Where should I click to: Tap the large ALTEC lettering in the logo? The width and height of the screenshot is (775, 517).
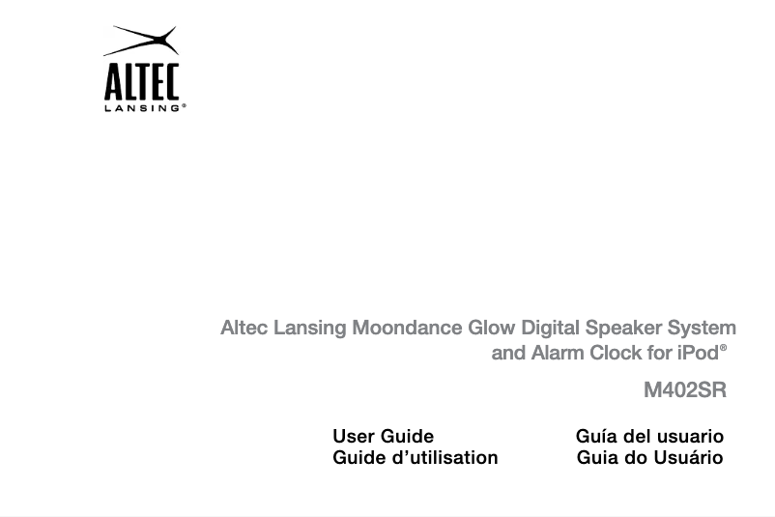[141, 82]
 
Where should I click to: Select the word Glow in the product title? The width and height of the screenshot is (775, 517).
[492, 328]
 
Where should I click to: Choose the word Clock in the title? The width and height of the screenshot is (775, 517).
[616, 353]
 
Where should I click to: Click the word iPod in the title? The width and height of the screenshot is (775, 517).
[697, 353]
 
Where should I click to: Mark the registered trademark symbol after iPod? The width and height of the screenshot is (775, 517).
[724, 346]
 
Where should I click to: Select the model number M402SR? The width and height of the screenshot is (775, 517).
[685, 391]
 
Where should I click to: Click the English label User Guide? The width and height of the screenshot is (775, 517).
[383, 437]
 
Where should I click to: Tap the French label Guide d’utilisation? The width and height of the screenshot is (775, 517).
[416, 458]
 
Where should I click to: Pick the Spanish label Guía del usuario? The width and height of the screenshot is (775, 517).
[649, 437]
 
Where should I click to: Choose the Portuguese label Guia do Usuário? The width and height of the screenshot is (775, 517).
[649, 458]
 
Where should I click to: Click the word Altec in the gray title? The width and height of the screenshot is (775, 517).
[244, 328]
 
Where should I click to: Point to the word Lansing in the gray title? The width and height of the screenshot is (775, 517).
[310, 328]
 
